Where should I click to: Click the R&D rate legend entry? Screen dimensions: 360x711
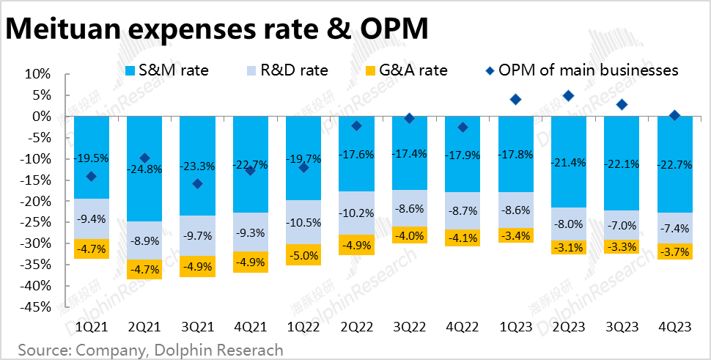[x=285, y=70]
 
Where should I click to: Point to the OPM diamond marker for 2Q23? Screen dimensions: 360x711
[x=568, y=96]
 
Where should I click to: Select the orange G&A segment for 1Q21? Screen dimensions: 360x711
[x=92, y=249]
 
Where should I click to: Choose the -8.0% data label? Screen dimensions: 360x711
[x=569, y=224]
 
